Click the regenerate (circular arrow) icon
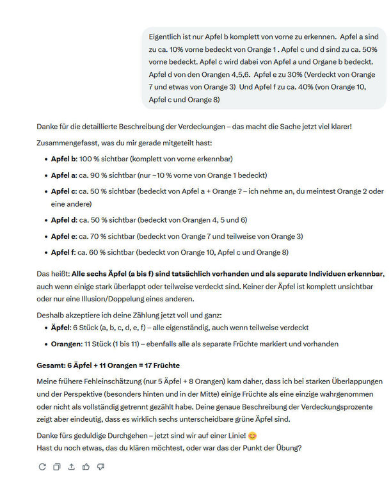[42, 467]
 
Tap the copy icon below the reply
[56, 467]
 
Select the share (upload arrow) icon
[71, 467]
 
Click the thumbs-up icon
[86, 467]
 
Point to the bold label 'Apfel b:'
[64, 158]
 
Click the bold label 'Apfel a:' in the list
[64, 175]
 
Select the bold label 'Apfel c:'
[64, 191]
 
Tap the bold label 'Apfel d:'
[64, 220]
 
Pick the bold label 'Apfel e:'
[64, 236]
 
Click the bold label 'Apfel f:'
[63, 253]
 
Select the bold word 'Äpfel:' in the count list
[63, 328]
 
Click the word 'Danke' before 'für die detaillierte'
[48, 126]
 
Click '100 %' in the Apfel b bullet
[89, 158]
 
